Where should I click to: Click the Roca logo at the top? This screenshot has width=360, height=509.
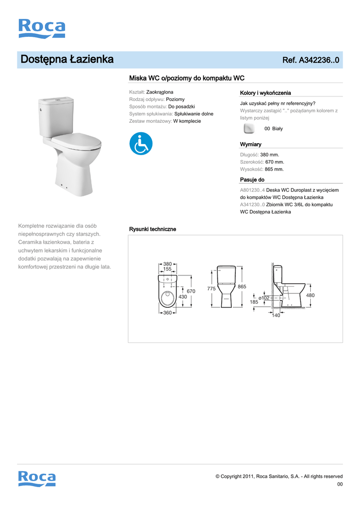pyautogui.click(x=41, y=28)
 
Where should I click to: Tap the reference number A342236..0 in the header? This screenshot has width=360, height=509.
pyautogui.click(x=310, y=60)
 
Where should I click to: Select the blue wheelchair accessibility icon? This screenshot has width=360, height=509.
pyautogui.click(x=141, y=144)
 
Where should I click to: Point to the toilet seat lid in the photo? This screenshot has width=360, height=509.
pyautogui.click(x=76, y=141)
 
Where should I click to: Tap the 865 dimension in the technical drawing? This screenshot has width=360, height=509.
pyautogui.click(x=242, y=287)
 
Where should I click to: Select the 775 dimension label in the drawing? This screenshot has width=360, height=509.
pyautogui.click(x=211, y=289)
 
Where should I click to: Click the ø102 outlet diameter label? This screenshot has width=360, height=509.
pyautogui.click(x=264, y=297)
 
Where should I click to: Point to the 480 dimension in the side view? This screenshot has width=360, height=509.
pyautogui.click(x=310, y=295)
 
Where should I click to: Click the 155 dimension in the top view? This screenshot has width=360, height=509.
pyautogui.click(x=167, y=269)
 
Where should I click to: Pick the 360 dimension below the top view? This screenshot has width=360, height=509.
pyautogui.click(x=167, y=313)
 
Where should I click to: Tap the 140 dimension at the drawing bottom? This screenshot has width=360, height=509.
pyautogui.click(x=276, y=315)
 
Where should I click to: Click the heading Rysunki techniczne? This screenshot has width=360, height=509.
pyautogui.click(x=152, y=229)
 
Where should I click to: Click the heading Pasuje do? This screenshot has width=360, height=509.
pyautogui.click(x=252, y=179)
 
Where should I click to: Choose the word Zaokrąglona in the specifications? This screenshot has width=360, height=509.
pyautogui.click(x=160, y=92)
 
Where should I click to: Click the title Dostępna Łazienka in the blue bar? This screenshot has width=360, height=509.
pyautogui.click(x=67, y=60)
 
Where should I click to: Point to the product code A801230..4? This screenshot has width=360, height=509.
pyautogui.click(x=253, y=190)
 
